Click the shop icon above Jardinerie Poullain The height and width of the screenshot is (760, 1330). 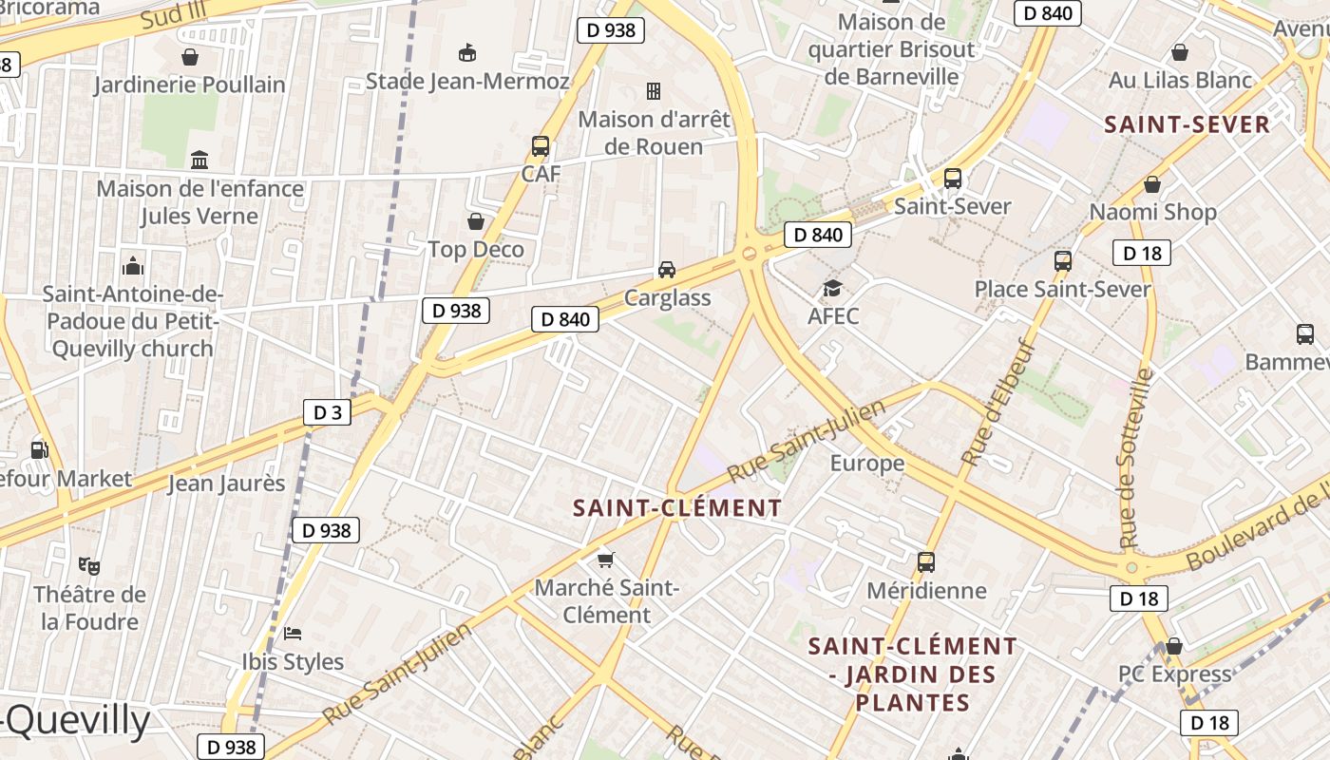pyautogui.click(x=190, y=57)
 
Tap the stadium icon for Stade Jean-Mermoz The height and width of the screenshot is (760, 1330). pyautogui.click(x=467, y=52)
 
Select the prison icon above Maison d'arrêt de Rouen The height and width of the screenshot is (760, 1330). pyautogui.click(x=654, y=91)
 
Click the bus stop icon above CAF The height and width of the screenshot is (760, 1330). pyautogui.click(x=541, y=146)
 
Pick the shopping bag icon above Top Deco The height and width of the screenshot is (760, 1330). pyautogui.click(x=476, y=221)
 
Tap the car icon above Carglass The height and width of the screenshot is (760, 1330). pyautogui.click(x=667, y=270)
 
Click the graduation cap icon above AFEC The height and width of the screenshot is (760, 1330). pyautogui.click(x=832, y=288)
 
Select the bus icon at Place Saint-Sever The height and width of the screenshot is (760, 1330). pyautogui.click(x=1063, y=261)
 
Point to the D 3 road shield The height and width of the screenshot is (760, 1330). pyautogui.click(x=328, y=412)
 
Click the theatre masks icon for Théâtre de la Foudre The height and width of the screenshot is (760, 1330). pyautogui.click(x=90, y=566)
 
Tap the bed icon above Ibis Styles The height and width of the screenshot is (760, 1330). pyautogui.click(x=293, y=633)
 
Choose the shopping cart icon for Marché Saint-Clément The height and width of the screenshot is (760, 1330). pyautogui.click(x=606, y=560)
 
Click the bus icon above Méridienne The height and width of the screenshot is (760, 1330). pyautogui.click(x=926, y=562)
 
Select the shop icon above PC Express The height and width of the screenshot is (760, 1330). pyautogui.click(x=1174, y=646)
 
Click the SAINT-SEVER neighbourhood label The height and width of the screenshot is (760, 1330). pyautogui.click(x=1187, y=124)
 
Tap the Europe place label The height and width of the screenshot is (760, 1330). pyautogui.click(x=867, y=463)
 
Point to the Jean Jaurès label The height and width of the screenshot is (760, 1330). pyautogui.click(x=226, y=483)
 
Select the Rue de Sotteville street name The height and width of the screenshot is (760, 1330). pyautogui.click(x=1135, y=457)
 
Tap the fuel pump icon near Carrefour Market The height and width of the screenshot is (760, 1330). pyautogui.click(x=39, y=449)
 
